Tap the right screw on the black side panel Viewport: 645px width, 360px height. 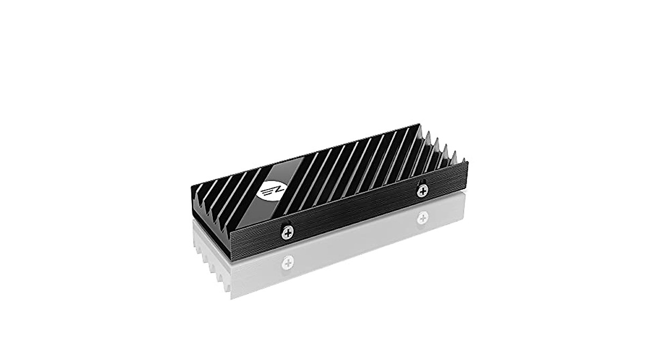pos(423,189)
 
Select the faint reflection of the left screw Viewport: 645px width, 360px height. pos(289,263)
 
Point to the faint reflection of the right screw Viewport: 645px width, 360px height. pos(423,218)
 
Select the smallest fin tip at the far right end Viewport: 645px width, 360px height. pos(463,154)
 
